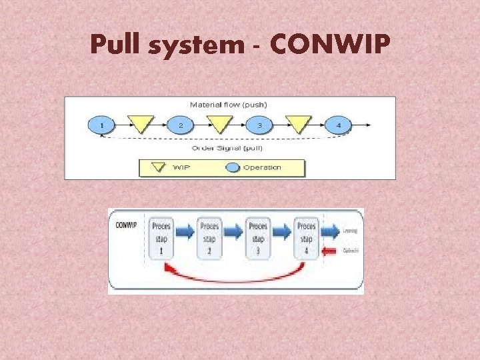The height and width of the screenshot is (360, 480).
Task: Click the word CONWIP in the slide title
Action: (329, 45)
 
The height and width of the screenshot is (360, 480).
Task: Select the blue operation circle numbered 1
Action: (101, 125)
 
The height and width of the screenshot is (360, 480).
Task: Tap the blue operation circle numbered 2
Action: (180, 125)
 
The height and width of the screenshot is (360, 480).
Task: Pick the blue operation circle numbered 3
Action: (259, 125)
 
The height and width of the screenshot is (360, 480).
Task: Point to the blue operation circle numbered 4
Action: (338, 125)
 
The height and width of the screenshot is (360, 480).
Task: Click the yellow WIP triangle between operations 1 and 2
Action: (141, 123)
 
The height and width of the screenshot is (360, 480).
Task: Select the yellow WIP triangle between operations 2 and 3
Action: (219, 123)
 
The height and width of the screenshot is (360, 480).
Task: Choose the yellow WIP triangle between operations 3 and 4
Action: (298, 123)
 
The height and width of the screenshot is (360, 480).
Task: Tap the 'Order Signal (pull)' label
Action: (226, 147)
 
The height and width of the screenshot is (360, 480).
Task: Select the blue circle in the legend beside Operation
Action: (231, 167)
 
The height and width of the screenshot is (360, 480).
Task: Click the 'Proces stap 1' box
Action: (161, 237)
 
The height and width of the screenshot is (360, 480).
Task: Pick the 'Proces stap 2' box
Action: (209, 237)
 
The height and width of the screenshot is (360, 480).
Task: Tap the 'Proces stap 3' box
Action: (258, 237)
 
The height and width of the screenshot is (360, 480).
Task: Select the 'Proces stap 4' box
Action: (306, 237)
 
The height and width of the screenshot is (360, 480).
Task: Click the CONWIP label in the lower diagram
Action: (126, 225)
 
